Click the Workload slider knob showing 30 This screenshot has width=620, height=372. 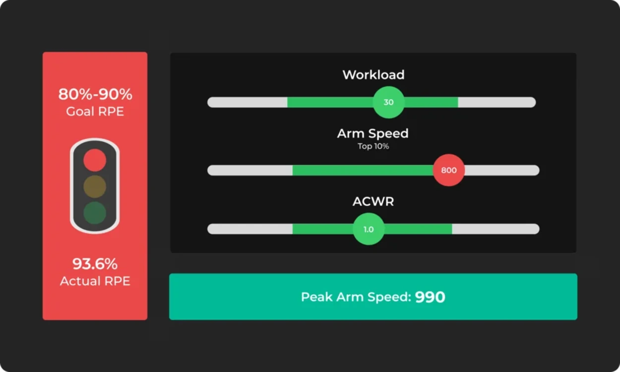(x=388, y=102)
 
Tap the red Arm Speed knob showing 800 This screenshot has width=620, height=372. (x=449, y=170)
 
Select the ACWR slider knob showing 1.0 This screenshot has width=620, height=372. (x=369, y=229)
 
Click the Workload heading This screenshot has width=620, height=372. (x=373, y=75)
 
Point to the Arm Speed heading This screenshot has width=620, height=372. (x=373, y=134)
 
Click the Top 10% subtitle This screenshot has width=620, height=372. (x=373, y=146)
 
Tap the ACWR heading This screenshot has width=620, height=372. (x=373, y=201)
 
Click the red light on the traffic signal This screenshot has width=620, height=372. (x=95, y=160)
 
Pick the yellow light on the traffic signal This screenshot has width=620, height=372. (x=95, y=186)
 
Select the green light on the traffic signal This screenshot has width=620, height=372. (x=95, y=213)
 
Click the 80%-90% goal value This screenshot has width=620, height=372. (x=95, y=94)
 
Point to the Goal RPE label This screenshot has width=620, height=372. (x=95, y=111)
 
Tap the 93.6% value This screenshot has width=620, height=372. (x=95, y=264)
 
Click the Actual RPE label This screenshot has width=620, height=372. (x=95, y=281)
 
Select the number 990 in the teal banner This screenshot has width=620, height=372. (x=430, y=297)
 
